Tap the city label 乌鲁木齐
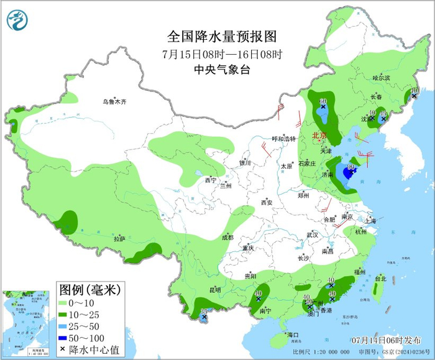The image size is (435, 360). coord(115,101)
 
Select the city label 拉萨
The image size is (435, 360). coord(119,239)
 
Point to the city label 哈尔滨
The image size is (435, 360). coord(381,78)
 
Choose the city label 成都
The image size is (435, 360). coord(227,237)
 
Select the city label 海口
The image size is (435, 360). coord(293,335)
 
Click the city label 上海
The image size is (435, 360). coord(370,221)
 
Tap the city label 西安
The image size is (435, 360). coord(267,202)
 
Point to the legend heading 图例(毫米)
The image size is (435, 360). coord(89,289)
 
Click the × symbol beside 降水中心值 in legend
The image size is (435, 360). coord(63,349)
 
